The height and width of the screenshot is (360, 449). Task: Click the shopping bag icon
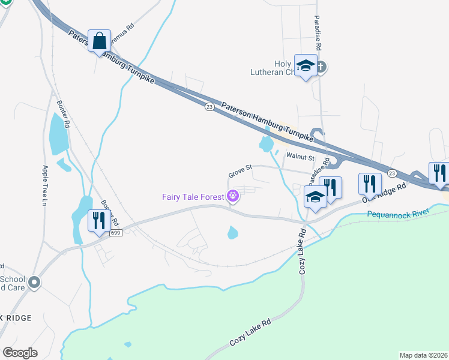tap(99, 42)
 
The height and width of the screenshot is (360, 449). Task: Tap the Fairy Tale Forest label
tap(193, 196)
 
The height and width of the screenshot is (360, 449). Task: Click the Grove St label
tap(240, 174)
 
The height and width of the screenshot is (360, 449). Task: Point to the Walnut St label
tap(300, 157)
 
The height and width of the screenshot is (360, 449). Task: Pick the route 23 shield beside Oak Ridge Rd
tap(392, 173)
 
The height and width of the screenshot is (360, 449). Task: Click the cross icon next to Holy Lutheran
tap(321, 67)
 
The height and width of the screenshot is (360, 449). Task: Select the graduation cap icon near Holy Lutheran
tap(305, 66)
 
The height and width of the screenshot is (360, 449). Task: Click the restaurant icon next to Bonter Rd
tap(98, 220)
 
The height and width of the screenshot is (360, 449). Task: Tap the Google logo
tap(20, 352)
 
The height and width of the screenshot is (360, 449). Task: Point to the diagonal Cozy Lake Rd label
tap(252, 334)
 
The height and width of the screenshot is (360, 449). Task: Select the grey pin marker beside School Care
tap(34, 281)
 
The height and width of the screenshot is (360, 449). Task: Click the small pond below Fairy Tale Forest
tap(232, 233)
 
